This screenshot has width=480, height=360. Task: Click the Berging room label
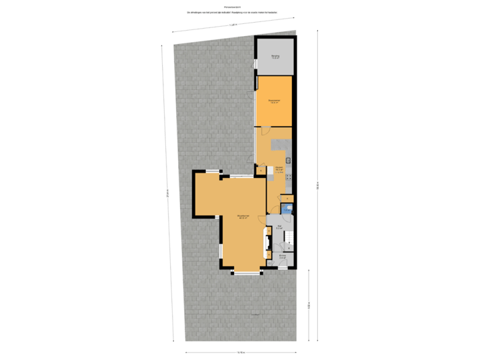coord(275,56)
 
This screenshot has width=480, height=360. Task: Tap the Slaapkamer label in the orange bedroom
coord(274,101)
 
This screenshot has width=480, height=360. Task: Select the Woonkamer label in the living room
coord(243,217)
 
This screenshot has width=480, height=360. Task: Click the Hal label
coord(279,227)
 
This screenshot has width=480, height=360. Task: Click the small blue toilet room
coord(286,209)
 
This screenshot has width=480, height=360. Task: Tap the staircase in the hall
coord(289,239)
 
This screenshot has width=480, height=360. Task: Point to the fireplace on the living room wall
coord(267,243)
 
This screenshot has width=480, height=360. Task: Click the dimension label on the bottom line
coord(241,353)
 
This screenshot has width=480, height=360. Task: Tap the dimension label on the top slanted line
coord(232,25)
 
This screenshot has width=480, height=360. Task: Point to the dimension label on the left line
coord(167,193)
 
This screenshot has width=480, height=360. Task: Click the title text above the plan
coord(232,11)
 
